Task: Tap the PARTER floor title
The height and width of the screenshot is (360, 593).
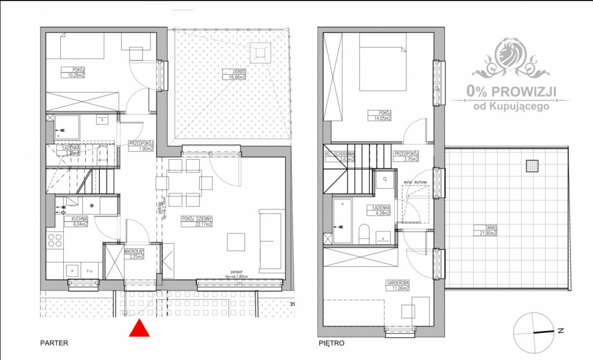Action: click(54, 343)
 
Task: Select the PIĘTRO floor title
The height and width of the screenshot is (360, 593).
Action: click(331, 343)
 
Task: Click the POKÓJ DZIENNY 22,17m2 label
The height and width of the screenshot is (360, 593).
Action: click(197, 221)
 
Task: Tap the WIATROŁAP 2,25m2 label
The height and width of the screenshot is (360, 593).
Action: click(134, 254)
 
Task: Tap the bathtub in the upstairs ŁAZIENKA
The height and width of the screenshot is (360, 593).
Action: click(343, 221)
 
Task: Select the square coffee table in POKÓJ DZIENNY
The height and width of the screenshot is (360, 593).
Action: click(236, 241)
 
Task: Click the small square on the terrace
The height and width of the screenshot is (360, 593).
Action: click(532, 167)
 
